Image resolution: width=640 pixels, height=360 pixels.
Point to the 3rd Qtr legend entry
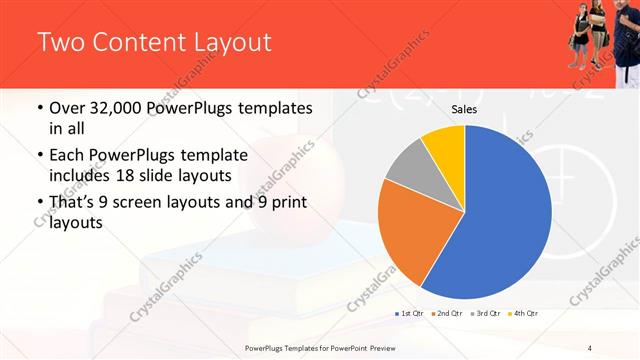pyautogui.click(x=484, y=314)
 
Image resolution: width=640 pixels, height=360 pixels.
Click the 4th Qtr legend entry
pyautogui.click(x=522, y=314)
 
